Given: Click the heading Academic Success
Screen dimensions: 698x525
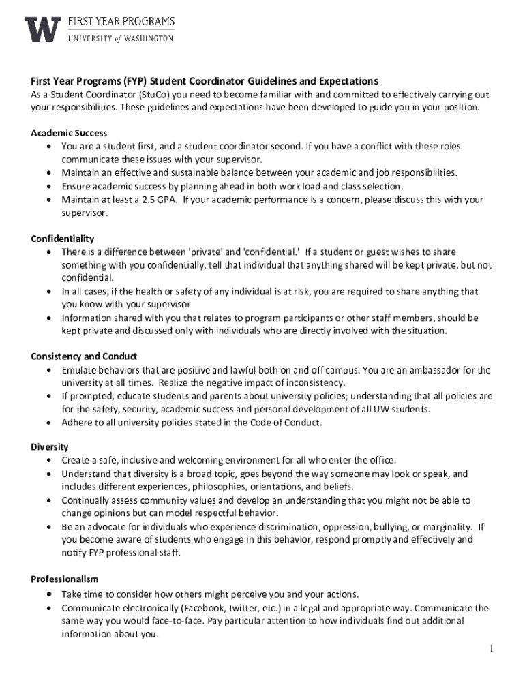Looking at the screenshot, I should [x=69, y=133].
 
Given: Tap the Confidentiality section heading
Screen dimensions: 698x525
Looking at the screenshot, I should [x=63, y=239].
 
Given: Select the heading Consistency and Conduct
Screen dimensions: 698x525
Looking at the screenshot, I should [x=84, y=356].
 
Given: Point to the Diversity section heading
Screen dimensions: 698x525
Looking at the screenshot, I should [x=50, y=447].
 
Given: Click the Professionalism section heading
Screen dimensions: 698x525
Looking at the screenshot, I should [x=65, y=579].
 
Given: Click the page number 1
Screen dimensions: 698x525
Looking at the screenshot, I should [x=490, y=648].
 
